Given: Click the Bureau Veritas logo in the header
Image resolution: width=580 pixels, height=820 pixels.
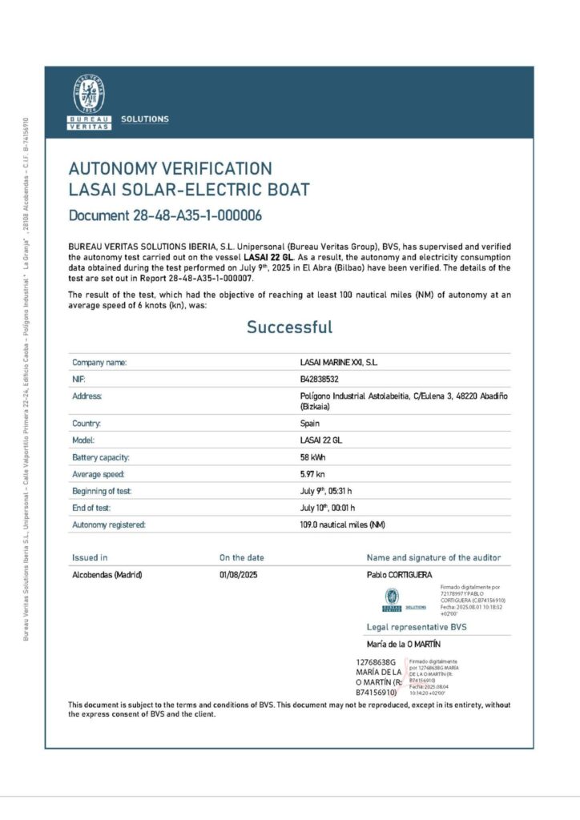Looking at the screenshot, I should [x=89, y=102].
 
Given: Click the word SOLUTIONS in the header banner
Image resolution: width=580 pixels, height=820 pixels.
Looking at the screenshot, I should [x=145, y=119].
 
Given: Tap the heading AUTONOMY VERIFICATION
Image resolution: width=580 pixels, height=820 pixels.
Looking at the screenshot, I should [x=170, y=169].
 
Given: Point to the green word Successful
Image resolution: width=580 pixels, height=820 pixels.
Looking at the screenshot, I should [x=289, y=328].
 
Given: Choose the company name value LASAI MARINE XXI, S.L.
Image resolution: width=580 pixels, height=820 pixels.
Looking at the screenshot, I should [x=338, y=363].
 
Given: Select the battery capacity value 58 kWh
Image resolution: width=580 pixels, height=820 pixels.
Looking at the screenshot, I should [x=313, y=457].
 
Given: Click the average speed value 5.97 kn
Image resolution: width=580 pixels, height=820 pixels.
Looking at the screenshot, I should [x=313, y=474].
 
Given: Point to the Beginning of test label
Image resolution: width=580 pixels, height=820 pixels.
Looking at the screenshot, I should [x=102, y=491].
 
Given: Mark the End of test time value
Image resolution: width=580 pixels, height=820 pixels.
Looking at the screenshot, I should [x=327, y=508].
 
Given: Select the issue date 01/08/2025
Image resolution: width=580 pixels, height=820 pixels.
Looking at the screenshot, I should [x=238, y=575].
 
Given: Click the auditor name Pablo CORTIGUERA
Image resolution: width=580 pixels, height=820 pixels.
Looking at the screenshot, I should [x=399, y=575].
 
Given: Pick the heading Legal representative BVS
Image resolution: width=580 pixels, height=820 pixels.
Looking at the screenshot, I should [x=417, y=627].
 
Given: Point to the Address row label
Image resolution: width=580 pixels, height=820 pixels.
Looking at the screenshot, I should [x=87, y=396].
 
